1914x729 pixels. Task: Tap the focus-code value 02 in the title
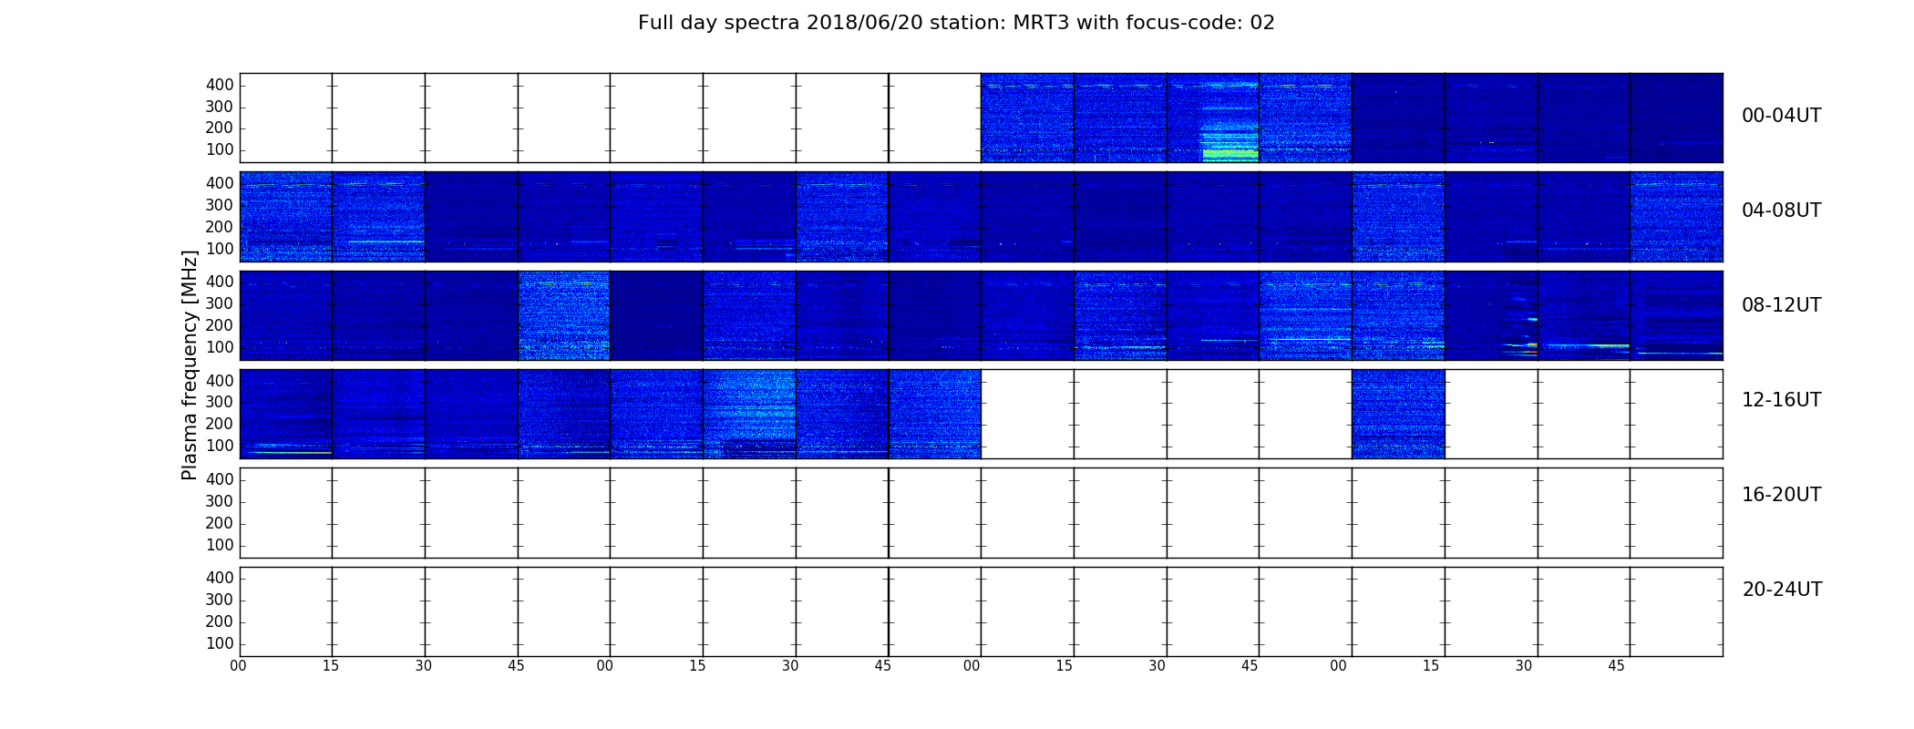tap(1262, 23)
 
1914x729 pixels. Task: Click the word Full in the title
tap(656, 23)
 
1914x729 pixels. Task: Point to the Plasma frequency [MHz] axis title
tap(190, 364)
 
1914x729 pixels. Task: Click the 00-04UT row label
tap(1782, 116)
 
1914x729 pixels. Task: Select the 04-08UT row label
tap(1782, 210)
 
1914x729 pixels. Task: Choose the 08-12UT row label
tap(1782, 305)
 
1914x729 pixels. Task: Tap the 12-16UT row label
tap(1782, 400)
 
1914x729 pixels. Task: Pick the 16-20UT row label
tap(1782, 495)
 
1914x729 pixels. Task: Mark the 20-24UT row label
tap(1782, 590)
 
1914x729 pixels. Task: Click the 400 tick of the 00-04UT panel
tap(220, 85)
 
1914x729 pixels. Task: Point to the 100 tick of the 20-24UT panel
tap(220, 643)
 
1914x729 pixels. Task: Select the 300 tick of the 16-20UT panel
tap(220, 501)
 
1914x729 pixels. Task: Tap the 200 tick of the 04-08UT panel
tap(220, 227)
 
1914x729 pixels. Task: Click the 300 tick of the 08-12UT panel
tap(220, 303)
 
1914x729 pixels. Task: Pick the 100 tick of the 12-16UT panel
tap(220, 446)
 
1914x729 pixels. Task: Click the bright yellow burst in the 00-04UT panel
tap(1230, 153)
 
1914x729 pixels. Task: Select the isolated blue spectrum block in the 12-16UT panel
tap(1398, 414)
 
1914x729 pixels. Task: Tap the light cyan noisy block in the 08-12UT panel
tap(564, 315)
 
